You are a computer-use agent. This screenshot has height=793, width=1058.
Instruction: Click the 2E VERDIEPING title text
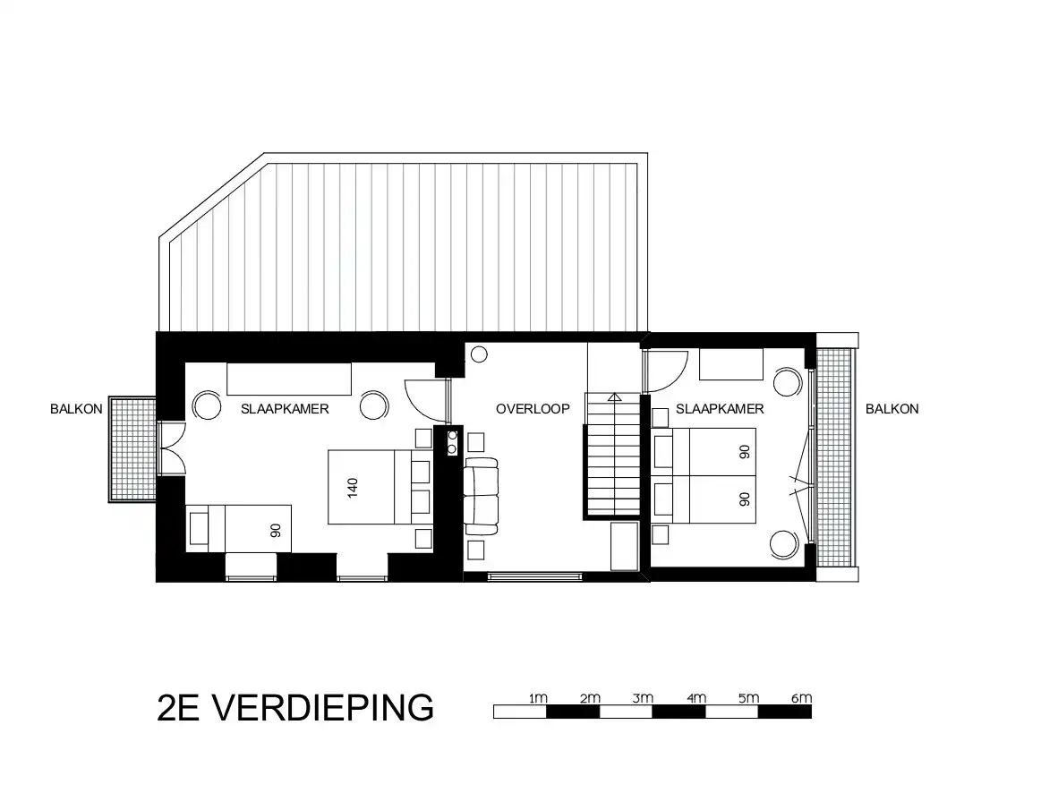(x=295, y=707)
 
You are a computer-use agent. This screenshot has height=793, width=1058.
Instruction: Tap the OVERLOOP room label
(x=533, y=409)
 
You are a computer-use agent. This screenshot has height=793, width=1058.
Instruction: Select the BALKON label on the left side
(x=76, y=409)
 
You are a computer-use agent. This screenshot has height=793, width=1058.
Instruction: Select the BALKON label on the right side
(x=892, y=409)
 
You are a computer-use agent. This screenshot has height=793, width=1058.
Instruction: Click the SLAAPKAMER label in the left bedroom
(x=285, y=409)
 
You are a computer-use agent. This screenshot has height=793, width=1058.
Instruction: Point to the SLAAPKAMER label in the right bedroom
(x=720, y=409)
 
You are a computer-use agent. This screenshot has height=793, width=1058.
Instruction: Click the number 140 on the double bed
(x=353, y=487)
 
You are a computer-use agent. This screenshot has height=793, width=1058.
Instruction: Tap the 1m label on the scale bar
(x=538, y=698)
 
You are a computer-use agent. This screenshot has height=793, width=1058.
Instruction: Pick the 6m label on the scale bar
(x=802, y=698)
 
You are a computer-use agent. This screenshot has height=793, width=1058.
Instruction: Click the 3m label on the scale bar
(x=643, y=698)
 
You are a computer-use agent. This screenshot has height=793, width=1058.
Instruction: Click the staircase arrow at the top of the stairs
(x=614, y=397)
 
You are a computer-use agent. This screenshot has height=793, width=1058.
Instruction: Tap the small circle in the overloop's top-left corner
(x=479, y=354)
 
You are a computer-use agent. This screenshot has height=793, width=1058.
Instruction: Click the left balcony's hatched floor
(x=133, y=448)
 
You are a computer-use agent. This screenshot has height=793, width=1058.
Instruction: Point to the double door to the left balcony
(x=171, y=448)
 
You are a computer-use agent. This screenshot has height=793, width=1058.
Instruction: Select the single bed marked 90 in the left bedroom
(x=239, y=528)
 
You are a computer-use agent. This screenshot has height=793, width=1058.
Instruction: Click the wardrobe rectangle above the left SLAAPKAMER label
(x=289, y=379)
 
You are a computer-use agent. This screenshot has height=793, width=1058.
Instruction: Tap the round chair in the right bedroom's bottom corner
(x=785, y=544)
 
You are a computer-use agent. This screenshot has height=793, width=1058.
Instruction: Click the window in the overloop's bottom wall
(x=534, y=576)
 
